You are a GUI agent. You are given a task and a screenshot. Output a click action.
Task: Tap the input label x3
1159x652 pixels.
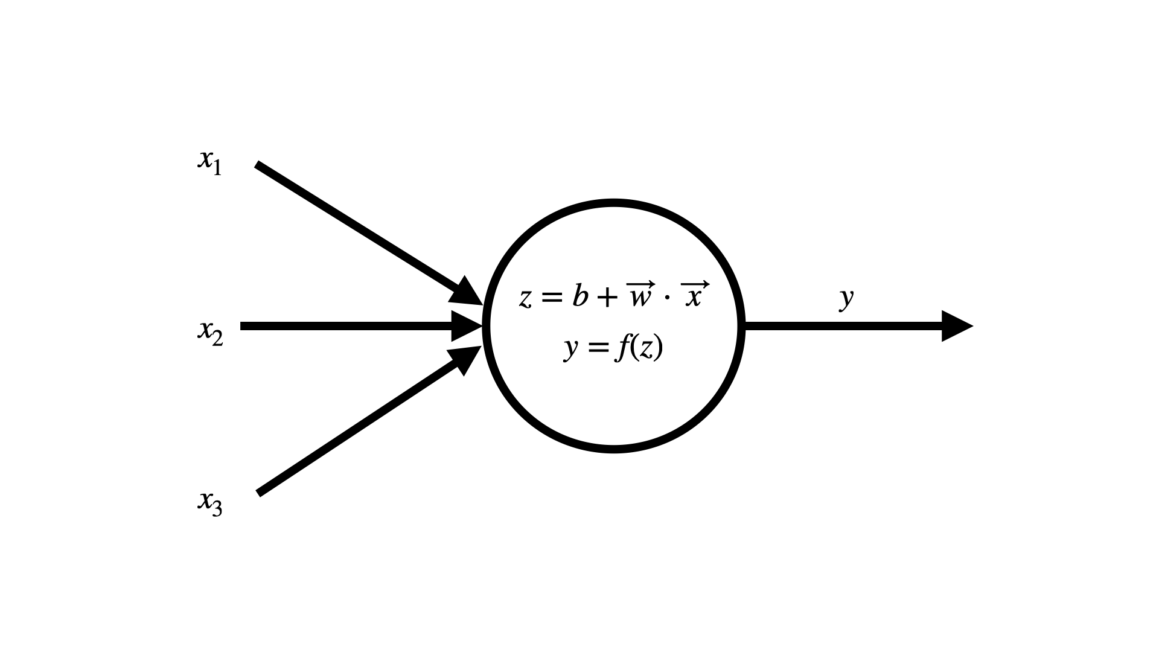[209, 503]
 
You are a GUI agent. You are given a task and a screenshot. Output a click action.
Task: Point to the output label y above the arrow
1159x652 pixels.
[847, 299]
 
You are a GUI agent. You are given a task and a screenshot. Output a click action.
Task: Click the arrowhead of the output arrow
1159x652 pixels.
[957, 326]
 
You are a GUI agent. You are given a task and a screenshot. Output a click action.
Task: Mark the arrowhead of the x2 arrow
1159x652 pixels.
[467, 326]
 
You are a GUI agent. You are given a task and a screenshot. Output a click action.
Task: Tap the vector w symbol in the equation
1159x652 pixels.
[639, 295]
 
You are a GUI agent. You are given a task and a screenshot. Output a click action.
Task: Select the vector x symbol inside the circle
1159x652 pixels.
[694, 295]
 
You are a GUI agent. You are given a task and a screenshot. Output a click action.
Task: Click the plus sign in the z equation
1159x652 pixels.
[607, 298]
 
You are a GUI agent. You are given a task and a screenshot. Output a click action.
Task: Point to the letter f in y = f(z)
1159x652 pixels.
[622, 348]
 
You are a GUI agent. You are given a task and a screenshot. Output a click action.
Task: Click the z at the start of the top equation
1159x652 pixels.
[526, 299]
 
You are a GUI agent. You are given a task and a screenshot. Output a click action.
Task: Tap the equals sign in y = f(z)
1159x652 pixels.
[596, 348]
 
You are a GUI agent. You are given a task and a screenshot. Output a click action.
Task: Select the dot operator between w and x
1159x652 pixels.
[667, 298]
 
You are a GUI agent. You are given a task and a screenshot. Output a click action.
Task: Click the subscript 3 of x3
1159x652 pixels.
[217, 510]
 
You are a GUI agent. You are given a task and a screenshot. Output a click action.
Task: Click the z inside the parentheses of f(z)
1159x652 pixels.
[646, 350]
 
